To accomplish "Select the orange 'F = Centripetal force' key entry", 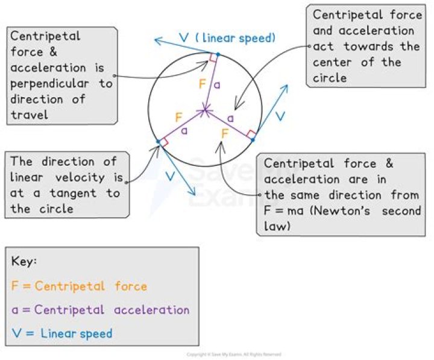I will tap(79, 286).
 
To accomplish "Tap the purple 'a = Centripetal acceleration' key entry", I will tap(100, 310).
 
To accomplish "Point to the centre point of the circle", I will tap(206, 110).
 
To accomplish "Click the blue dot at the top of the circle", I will tap(218, 55).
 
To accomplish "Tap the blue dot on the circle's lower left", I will tap(158, 142).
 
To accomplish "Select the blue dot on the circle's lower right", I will tap(253, 140).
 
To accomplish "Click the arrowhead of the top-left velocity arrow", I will tap(157, 40).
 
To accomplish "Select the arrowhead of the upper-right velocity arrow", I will tap(286, 87).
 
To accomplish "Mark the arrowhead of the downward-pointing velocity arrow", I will tap(193, 193).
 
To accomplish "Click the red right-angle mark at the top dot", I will tap(213, 58).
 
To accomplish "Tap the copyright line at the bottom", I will tap(234, 355).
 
